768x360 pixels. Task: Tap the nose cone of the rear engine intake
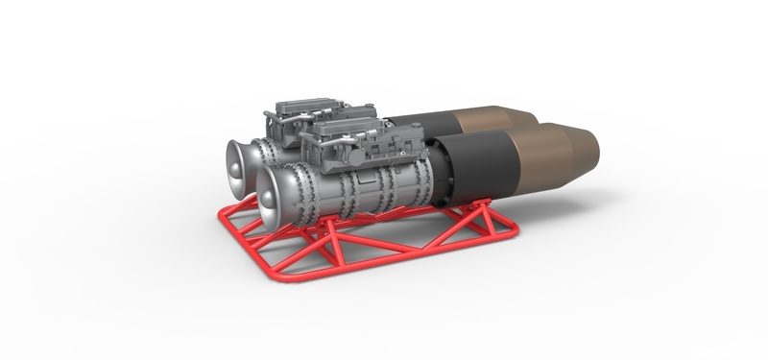[x=236, y=163]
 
